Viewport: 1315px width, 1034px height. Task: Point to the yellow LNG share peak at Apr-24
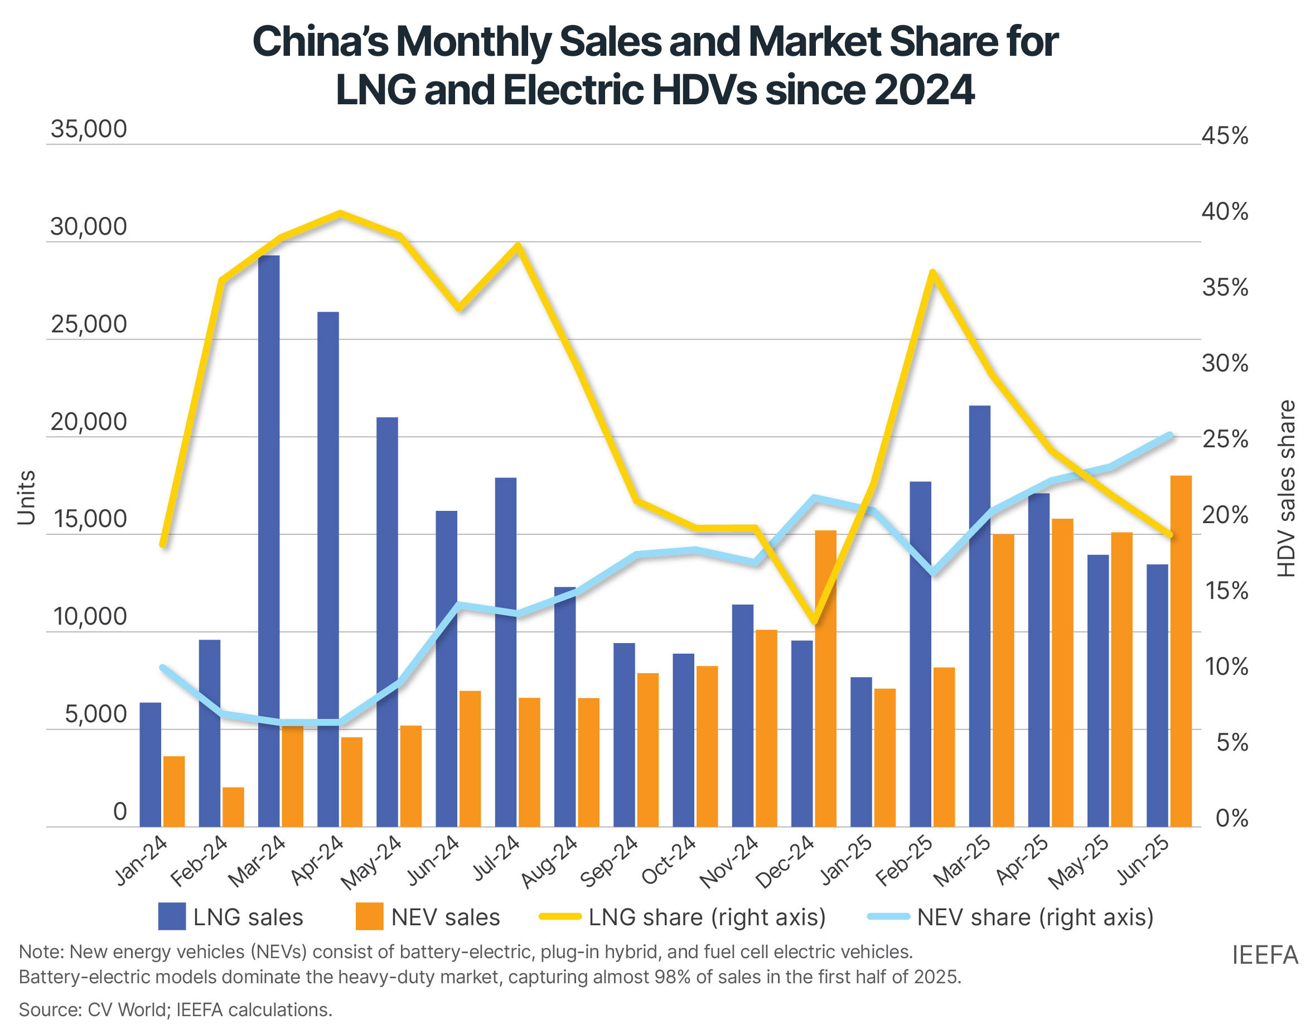[340, 213]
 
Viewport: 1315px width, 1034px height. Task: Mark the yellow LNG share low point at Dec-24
[814, 621]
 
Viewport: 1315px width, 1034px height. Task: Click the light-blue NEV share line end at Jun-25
[1169, 435]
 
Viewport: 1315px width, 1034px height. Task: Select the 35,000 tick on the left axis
[89, 129]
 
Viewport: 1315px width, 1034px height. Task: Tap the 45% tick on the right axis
[1224, 136]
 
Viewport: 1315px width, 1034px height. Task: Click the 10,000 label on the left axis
[90, 617]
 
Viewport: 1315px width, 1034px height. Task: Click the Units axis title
[26, 497]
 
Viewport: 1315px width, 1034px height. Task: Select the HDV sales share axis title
[1287, 488]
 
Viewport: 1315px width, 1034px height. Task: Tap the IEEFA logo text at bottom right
[1264, 955]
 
